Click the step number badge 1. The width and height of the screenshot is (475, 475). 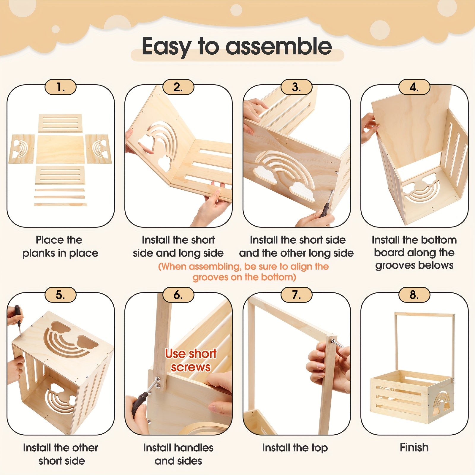(x=61, y=87)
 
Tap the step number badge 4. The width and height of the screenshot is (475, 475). (x=414, y=87)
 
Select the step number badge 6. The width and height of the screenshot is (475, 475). (x=178, y=295)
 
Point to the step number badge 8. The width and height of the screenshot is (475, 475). (x=414, y=295)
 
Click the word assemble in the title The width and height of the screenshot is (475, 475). (x=278, y=46)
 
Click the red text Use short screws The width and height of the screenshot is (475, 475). (x=191, y=360)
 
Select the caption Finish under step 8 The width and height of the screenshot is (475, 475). (x=414, y=447)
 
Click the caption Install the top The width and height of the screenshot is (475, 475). (x=295, y=447)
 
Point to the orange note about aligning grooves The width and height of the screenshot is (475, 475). (x=244, y=272)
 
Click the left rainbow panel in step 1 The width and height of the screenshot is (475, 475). (x=22, y=149)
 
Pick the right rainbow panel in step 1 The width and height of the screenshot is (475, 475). (x=99, y=149)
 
